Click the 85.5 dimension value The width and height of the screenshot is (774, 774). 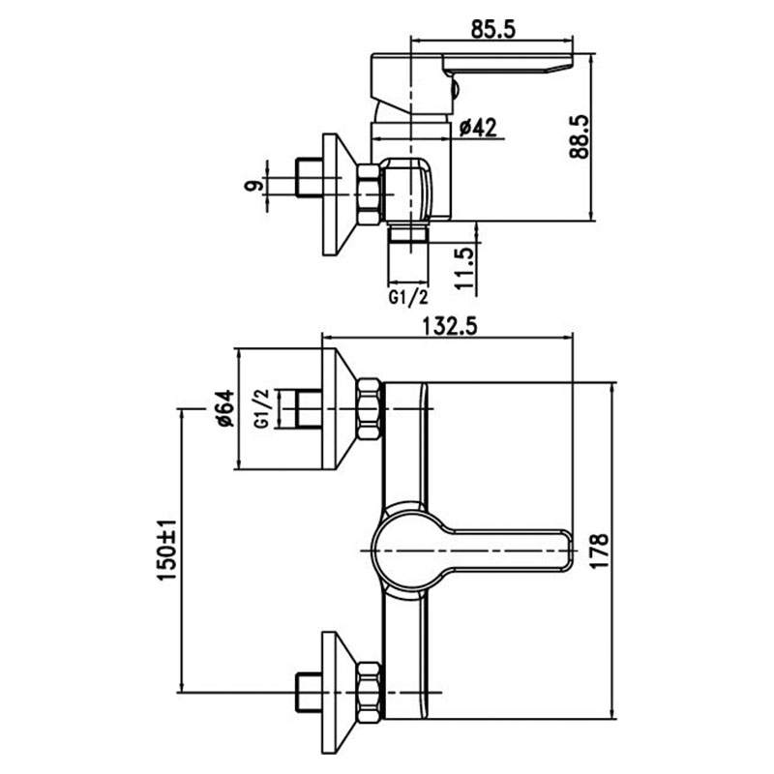click(493, 29)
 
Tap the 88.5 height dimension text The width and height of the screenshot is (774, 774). click(579, 136)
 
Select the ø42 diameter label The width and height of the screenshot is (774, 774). click(478, 128)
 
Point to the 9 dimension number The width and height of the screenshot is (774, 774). click(253, 186)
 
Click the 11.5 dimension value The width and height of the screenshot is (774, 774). click(464, 269)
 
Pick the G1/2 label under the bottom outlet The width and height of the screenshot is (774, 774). click(408, 298)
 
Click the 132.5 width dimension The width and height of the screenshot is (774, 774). click(450, 326)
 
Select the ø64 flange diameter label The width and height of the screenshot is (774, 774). click(223, 408)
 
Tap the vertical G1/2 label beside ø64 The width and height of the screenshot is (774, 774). click(261, 408)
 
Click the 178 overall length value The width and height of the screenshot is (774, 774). click(599, 551)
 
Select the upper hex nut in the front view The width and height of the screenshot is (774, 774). click(370, 408)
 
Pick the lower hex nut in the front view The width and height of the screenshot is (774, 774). click(370, 693)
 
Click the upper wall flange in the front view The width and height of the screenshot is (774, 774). click(340, 408)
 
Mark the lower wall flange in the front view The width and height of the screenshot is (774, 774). click(340, 693)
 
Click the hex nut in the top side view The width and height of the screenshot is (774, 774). click(370, 194)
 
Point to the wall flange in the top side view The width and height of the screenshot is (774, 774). click(340, 194)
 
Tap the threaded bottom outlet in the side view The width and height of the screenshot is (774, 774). click(408, 233)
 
